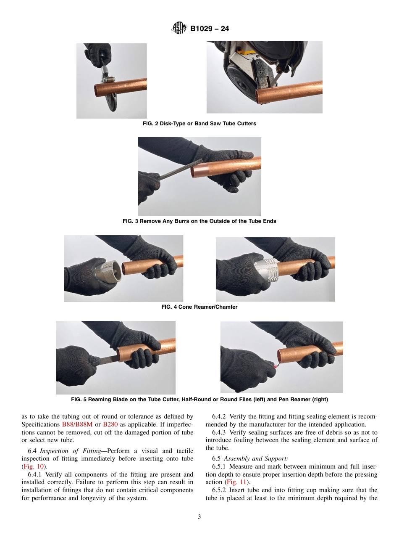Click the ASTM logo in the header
tap(179, 29)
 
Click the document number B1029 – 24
tap(209, 29)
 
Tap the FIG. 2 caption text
tap(199, 124)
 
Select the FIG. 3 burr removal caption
tap(199, 221)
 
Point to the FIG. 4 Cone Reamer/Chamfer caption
tap(199, 307)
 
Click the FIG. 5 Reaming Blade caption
tap(199, 400)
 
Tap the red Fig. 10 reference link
tap(33, 466)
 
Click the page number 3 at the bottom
tap(199, 517)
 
